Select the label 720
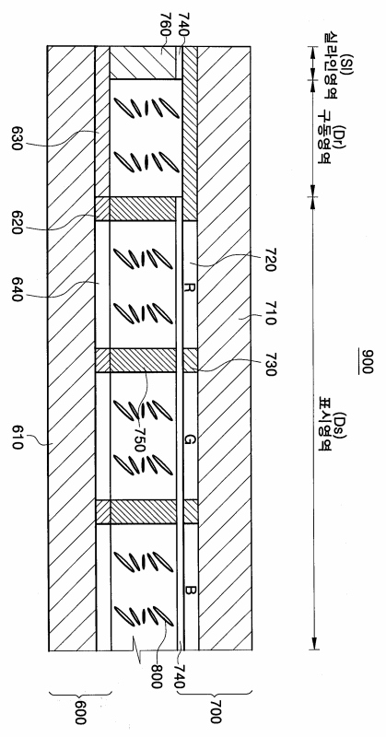(x=270, y=261)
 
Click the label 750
(x=138, y=439)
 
